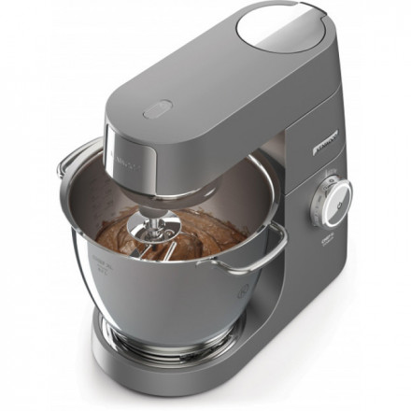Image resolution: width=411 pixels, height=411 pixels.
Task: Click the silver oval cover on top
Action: pos(281,27)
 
